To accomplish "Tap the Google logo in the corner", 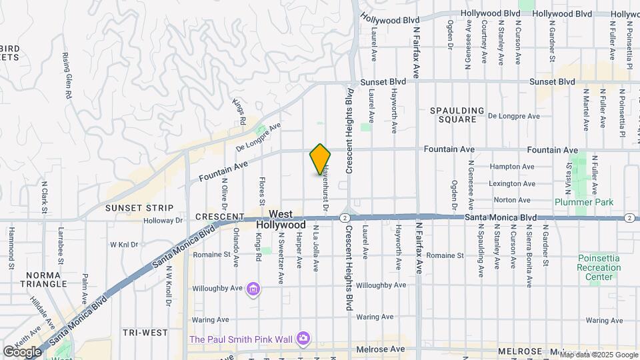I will (x=22, y=351).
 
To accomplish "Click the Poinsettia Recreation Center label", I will (x=598, y=267).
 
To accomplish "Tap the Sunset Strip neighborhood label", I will (x=139, y=208).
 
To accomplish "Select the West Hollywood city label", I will (x=281, y=219).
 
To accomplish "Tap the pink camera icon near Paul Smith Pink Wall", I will (x=303, y=339).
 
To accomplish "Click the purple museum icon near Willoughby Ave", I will (x=253, y=289).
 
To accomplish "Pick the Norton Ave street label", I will (x=512, y=199).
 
